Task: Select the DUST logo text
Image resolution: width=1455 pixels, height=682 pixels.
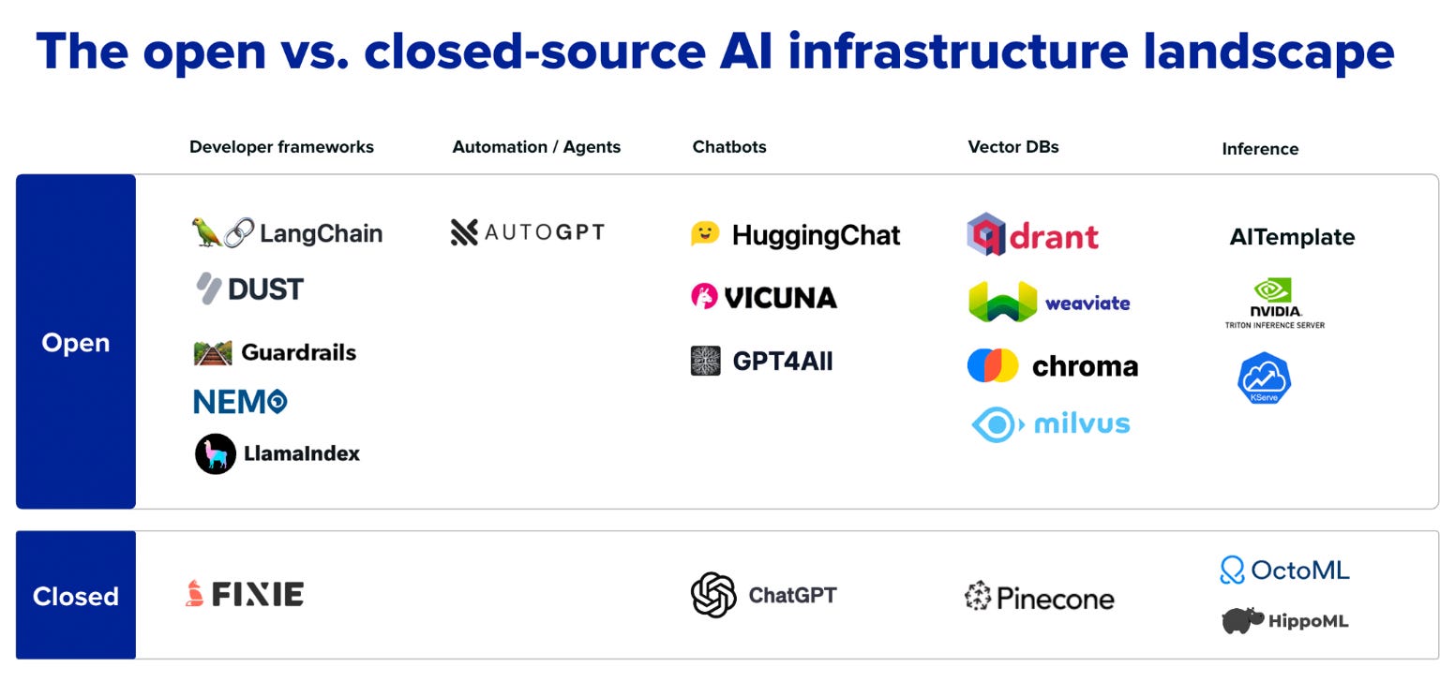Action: coord(265,289)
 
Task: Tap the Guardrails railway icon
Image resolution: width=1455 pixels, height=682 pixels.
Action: coord(213,353)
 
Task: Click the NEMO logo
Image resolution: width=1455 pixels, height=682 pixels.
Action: coord(240,402)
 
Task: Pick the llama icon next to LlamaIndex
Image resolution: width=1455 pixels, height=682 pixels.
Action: coord(216,454)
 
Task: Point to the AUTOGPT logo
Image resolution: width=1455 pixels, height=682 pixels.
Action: coord(528,232)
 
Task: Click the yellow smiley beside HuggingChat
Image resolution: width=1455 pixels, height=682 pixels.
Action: coord(705,233)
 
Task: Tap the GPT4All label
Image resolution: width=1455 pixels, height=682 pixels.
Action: coord(782,362)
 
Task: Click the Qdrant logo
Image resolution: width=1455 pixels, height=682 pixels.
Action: coord(1032,235)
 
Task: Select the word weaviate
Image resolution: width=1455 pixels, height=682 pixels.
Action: coord(1087,303)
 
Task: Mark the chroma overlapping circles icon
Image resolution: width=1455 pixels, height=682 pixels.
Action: coord(993,365)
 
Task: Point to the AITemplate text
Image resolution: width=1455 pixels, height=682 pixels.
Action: coord(1292,238)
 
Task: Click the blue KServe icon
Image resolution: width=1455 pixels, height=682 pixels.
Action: coord(1265,378)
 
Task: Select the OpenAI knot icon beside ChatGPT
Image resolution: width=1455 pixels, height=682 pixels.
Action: coord(713,596)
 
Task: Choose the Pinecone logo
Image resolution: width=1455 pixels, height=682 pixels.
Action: coord(1039,597)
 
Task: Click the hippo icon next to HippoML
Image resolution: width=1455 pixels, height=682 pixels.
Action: coord(1242,620)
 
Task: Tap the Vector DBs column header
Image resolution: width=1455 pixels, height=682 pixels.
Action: coord(1012,147)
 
